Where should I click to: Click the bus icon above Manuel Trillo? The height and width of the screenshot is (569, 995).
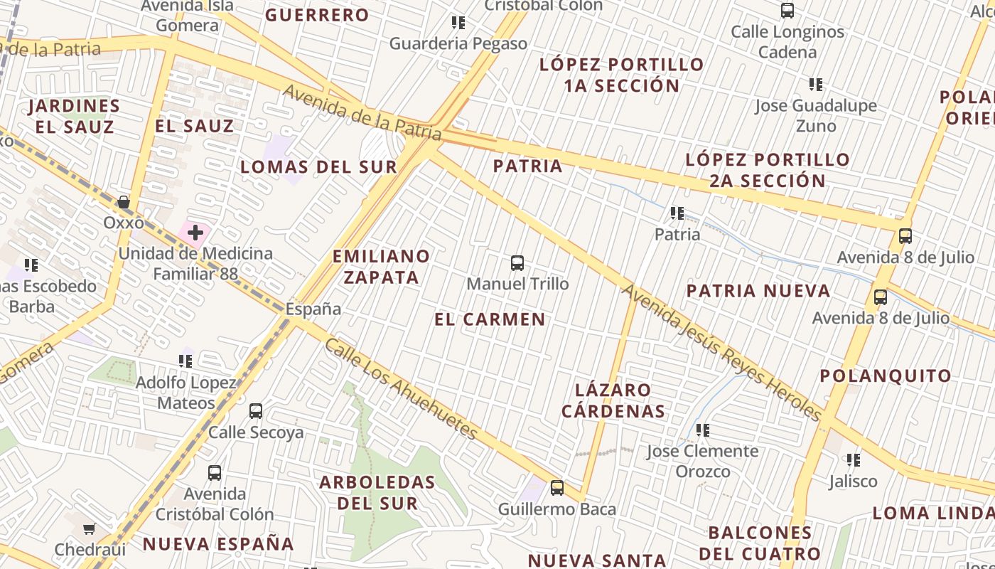517,263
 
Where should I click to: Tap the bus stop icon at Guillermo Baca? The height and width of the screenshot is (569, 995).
557,488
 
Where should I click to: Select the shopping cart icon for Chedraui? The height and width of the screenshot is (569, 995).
90,528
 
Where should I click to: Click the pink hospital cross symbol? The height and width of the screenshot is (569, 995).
195,232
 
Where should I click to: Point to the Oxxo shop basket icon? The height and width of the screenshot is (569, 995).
124,203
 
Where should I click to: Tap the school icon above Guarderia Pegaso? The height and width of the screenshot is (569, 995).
458,23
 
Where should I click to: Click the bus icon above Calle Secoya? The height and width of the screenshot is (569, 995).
256,411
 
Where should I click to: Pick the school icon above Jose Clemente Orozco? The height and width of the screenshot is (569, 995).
703,430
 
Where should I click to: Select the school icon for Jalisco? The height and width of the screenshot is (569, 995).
854,460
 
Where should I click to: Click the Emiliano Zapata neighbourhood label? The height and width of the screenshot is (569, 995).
382,266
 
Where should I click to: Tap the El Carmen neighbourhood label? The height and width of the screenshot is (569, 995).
490,319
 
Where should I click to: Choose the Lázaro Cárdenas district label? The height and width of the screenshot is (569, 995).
613,400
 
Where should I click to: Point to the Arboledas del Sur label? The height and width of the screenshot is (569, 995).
377,492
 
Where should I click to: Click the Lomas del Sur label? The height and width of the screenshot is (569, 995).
318,167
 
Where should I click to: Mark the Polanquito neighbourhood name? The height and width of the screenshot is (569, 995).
886,376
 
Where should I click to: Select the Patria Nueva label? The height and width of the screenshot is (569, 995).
758,290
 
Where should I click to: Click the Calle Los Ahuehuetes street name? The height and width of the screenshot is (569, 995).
402,389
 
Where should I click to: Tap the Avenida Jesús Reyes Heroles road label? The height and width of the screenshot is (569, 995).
722,353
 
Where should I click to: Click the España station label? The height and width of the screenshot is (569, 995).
313,309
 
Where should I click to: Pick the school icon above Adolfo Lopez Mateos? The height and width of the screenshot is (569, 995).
185,361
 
